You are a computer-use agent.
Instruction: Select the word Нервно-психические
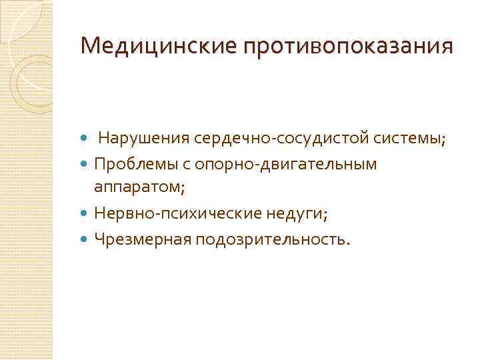pyautogui.click(x=180, y=214)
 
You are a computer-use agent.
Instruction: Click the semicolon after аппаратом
pyautogui.click(x=183, y=190)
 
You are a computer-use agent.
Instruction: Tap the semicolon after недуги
pyautogui.click(x=325, y=215)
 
